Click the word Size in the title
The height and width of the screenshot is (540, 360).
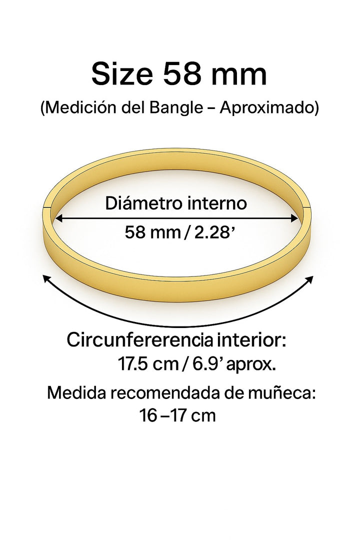pos(121,74)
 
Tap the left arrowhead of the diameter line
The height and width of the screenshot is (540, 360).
pos(58,218)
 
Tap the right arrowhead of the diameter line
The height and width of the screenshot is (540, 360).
pos(295,218)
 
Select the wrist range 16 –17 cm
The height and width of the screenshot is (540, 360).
pos(178,416)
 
